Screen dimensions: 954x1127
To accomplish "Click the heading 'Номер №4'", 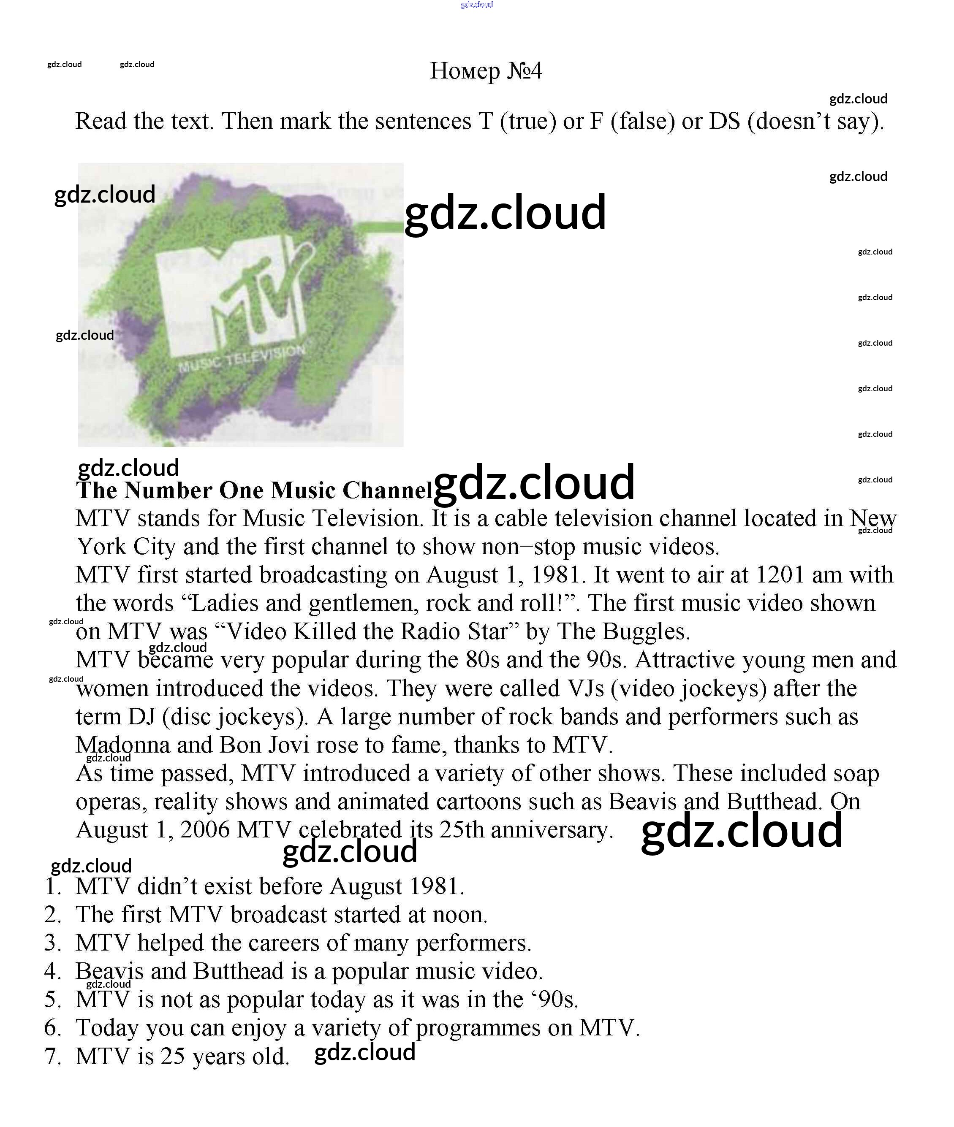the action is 485,71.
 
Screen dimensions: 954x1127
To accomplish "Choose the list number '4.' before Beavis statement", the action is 53,971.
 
